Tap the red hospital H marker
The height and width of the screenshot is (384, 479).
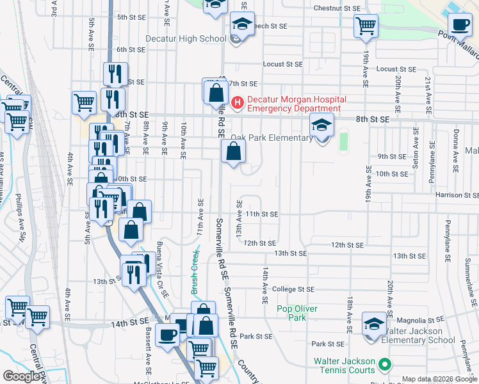(238, 102)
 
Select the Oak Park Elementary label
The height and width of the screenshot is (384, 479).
(272, 138)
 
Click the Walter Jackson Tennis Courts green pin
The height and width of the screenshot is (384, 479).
(384, 365)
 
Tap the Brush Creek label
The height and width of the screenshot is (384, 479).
(195, 272)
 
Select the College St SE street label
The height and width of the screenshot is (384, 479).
(293, 289)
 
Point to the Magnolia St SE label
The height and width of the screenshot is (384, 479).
(420, 319)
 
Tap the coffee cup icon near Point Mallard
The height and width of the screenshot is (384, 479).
(459, 24)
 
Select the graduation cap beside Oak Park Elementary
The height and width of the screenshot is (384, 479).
(322, 125)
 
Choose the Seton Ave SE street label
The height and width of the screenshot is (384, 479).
(416, 148)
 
